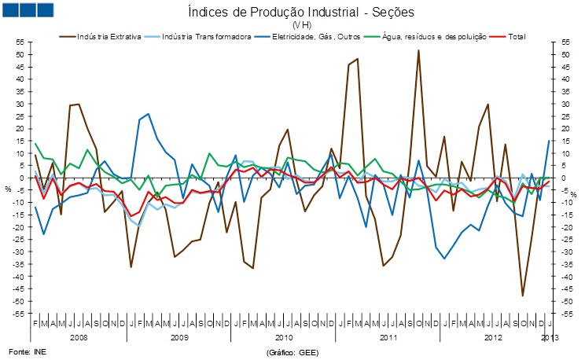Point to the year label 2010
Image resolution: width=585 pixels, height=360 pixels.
283,336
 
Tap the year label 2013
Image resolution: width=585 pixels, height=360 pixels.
550,336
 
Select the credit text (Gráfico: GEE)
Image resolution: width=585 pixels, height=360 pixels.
292,351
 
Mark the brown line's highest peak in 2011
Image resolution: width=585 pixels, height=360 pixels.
418,50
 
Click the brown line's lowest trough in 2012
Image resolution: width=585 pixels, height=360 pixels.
522,296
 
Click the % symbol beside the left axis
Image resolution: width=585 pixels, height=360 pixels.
9,189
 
